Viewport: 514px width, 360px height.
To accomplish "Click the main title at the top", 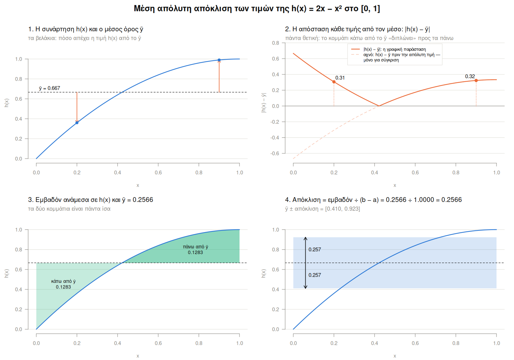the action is point(257,9).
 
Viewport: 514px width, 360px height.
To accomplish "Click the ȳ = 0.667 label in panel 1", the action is point(49,88).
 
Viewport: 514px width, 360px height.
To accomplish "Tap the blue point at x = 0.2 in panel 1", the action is point(77,123).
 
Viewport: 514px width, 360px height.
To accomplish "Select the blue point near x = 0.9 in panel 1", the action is point(219,60).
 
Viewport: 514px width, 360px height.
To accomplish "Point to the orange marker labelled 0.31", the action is point(334,82).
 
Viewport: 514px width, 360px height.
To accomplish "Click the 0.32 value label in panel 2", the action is point(470,76).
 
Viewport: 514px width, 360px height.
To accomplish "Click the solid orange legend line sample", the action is point(355,49).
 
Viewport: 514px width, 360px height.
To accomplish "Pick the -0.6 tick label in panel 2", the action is point(275,153).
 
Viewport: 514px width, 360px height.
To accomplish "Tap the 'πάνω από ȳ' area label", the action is point(196,247).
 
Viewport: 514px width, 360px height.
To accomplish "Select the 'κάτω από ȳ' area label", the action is point(63,281).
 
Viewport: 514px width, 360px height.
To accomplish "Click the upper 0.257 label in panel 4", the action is point(315,250).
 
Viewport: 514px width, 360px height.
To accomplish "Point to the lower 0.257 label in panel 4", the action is point(315,275).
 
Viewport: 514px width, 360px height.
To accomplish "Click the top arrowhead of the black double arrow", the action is point(305,238).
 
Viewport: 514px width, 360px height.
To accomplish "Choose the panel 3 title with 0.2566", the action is point(90,200).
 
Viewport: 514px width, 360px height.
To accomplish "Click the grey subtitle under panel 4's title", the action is point(322,209).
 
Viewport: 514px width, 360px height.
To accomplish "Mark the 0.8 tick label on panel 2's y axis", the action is point(276,43).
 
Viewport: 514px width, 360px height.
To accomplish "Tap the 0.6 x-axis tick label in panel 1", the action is point(158,173).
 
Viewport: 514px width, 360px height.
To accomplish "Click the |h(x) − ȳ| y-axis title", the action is point(264,103).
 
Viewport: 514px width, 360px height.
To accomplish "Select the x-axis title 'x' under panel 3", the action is point(138,356).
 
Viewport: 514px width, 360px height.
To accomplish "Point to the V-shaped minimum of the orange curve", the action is point(379,106).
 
